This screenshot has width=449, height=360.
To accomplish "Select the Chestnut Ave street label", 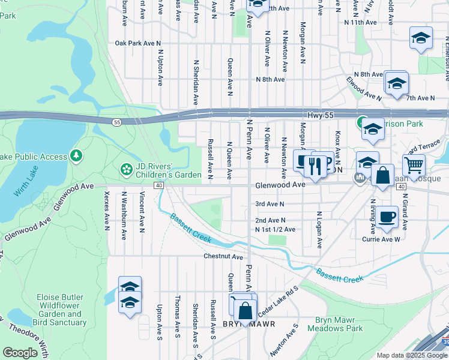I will [x=223, y=257].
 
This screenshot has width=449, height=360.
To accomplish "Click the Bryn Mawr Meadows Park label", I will [x=335, y=325].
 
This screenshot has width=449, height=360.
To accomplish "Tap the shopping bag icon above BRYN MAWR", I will [x=245, y=310].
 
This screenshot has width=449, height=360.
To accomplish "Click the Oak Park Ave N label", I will [x=138, y=43].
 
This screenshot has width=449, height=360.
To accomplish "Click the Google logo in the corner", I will [x=20, y=353].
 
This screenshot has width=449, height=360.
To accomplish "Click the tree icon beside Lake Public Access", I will [x=76, y=157].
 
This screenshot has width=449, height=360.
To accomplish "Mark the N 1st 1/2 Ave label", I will [x=275, y=229].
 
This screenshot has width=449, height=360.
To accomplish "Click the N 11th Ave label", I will [x=360, y=22].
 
